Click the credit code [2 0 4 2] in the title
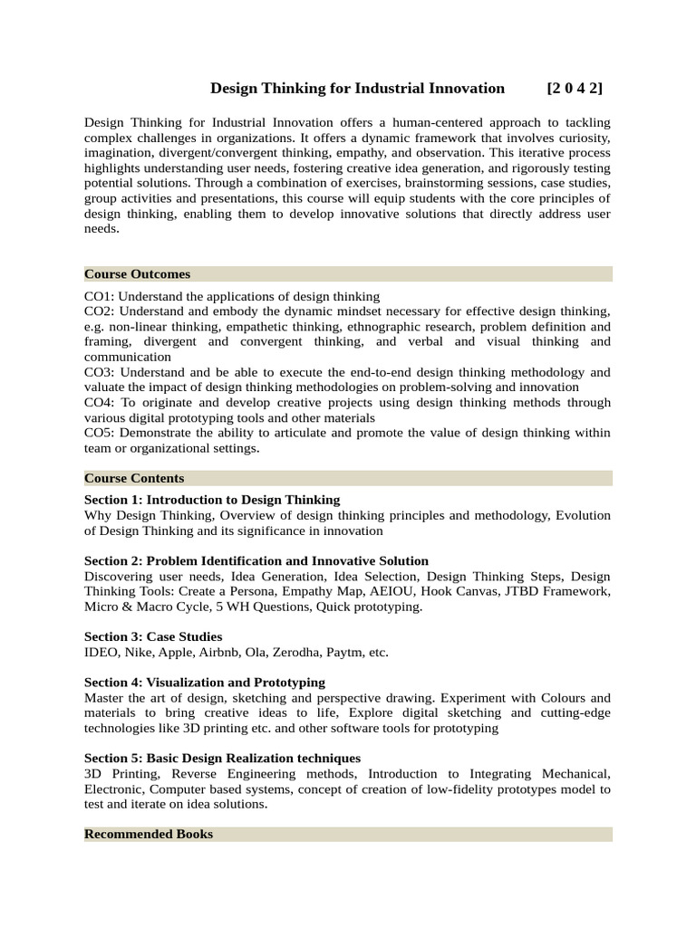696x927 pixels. coord(575,89)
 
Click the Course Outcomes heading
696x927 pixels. coord(137,274)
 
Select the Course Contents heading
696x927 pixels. coord(134,478)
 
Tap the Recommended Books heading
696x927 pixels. coord(149,834)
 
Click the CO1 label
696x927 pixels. coord(100,296)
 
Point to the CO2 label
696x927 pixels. coord(100,311)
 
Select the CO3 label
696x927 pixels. coord(100,372)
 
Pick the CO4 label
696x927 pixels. coord(100,403)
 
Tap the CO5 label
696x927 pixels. coord(100,433)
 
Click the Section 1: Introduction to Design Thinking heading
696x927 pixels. coord(212,500)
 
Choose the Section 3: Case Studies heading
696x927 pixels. coord(153,636)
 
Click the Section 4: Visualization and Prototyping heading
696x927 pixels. coord(205,682)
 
